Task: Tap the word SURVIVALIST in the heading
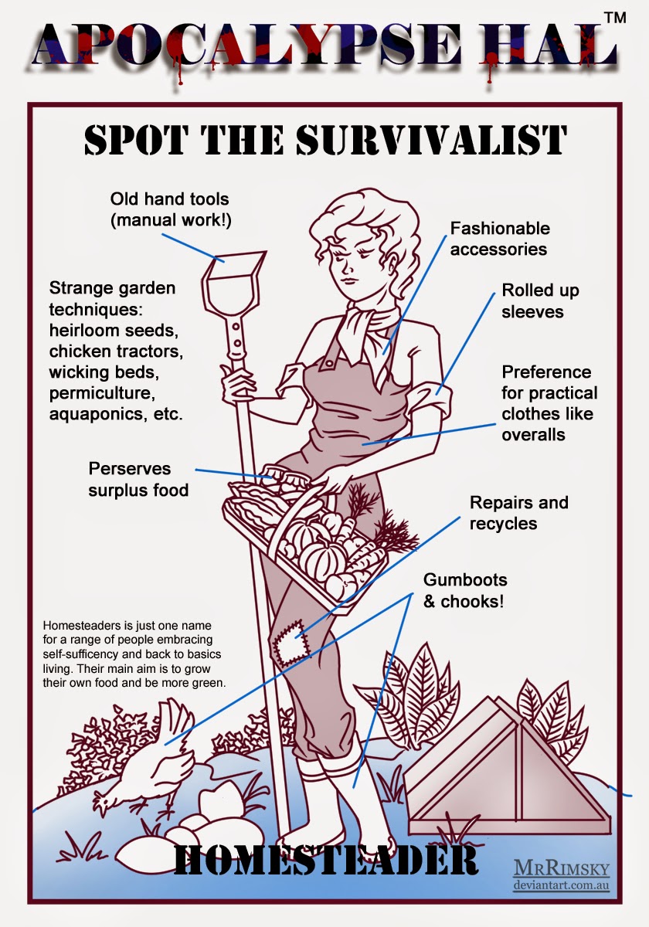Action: click(431, 140)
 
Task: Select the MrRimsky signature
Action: click(561, 871)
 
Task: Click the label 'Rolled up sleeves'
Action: click(540, 301)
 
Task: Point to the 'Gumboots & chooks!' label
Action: click(465, 590)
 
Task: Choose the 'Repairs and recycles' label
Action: click(518, 513)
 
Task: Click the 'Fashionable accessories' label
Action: click(500, 239)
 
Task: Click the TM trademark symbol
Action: click(615, 17)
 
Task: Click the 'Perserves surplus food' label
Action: click(138, 480)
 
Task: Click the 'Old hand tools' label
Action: click(170, 209)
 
